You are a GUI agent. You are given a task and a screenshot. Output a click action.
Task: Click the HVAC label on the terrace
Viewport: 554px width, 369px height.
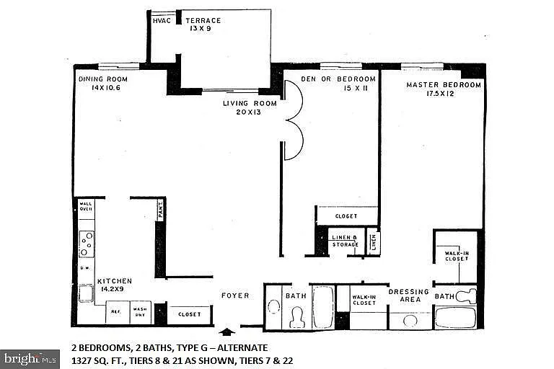[x=161, y=21]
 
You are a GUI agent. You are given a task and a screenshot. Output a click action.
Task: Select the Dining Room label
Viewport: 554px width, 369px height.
[x=102, y=83]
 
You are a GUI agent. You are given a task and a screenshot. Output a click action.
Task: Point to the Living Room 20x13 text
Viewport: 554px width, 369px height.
[x=244, y=108]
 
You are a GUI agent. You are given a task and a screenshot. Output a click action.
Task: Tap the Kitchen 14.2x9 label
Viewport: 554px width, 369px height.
[x=115, y=283]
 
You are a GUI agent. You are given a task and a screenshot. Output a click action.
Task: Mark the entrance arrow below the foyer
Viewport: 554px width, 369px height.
[x=227, y=332]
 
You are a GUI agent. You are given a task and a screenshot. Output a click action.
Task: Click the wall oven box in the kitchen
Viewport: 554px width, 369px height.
[x=87, y=208]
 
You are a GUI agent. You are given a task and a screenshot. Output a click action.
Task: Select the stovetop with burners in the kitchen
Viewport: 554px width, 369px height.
[x=87, y=244]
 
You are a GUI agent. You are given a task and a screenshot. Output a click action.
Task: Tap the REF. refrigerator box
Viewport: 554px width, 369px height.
[x=115, y=312]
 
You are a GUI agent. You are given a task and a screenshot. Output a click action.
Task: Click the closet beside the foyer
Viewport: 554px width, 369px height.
[x=190, y=314]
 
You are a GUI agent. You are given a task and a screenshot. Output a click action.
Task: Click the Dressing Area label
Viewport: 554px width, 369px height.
[x=409, y=295]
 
